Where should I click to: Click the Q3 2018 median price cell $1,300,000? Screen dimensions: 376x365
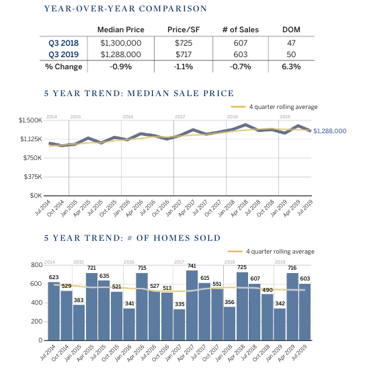(x=120, y=42)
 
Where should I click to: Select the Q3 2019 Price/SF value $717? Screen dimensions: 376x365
(x=184, y=54)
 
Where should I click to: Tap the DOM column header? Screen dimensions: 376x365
(x=291, y=30)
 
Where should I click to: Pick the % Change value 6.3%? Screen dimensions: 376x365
(x=291, y=67)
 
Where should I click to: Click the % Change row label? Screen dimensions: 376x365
(x=63, y=67)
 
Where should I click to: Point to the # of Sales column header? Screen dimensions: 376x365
(x=241, y=30)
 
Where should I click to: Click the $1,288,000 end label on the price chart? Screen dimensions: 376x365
(x=330, y=130)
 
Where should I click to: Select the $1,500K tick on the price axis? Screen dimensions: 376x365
(x=30, y=120)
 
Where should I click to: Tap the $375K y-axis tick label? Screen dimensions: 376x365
(x=32, y=177)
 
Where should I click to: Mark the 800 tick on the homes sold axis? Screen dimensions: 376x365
(x=37, y=265)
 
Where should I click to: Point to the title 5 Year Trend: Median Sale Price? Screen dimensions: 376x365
(x=139, y=93)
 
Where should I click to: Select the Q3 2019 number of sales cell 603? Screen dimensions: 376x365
(x=241, y=54)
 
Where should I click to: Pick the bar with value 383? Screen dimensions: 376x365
(x=79, y=323)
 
